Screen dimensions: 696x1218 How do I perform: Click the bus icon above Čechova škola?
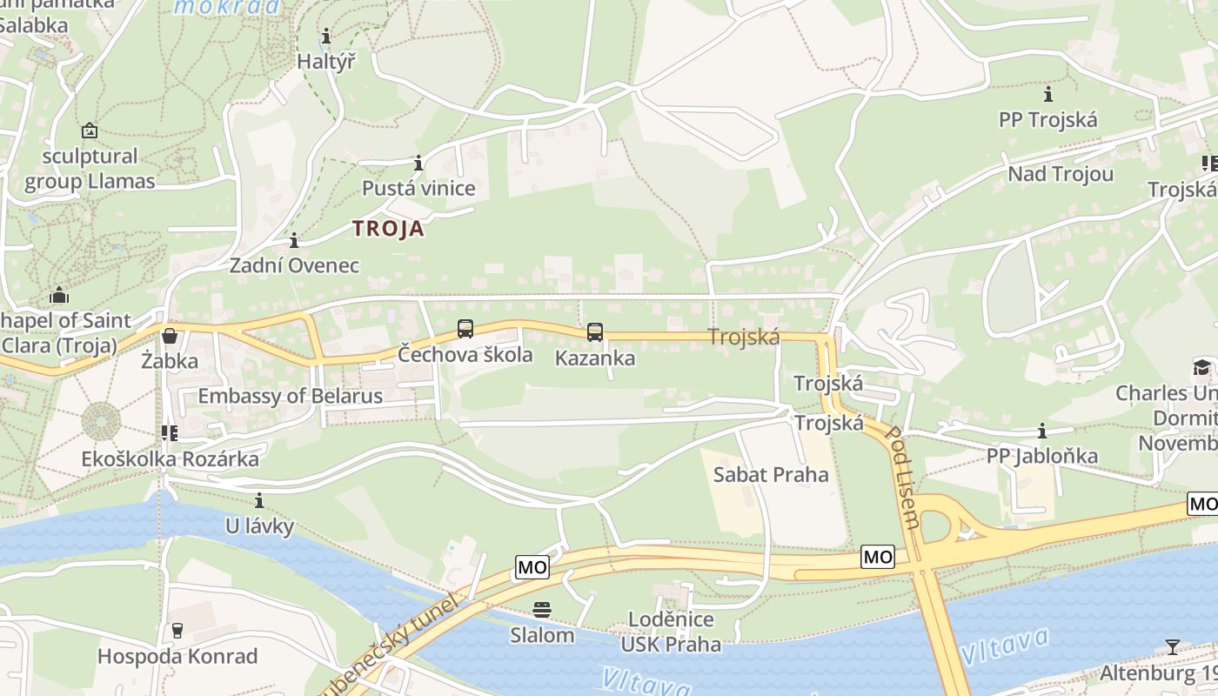[465, 329]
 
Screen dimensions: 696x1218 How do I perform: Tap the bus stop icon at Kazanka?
[595, 332]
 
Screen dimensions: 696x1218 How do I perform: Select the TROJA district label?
[388, 229]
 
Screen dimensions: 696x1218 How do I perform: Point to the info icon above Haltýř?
[326, 37]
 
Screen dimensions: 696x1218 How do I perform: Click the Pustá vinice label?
[418, 188]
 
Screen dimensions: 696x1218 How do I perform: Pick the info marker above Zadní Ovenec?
[294, 240]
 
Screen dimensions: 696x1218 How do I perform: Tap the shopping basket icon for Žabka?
[170, 336]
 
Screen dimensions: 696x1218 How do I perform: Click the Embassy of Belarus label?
[290, 396]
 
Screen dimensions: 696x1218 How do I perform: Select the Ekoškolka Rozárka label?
[171, 458]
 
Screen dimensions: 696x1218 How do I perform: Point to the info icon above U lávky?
[259, 500]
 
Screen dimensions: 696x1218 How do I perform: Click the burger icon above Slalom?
[542, 609]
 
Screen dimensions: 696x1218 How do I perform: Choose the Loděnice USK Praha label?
[670, 632]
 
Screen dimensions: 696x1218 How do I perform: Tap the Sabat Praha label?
[771, 474]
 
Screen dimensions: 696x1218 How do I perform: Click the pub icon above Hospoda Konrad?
[178, 630]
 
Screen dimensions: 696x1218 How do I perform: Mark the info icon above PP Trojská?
[1048, 94]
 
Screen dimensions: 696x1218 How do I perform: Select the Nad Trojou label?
[1061, 174]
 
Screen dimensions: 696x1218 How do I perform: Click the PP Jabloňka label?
[1042, 456]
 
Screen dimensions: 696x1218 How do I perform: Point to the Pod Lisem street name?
[902, 477]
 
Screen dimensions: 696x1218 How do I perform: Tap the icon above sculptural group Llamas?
[89, 131]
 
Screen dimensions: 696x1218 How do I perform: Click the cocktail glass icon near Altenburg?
[1173, 646]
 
